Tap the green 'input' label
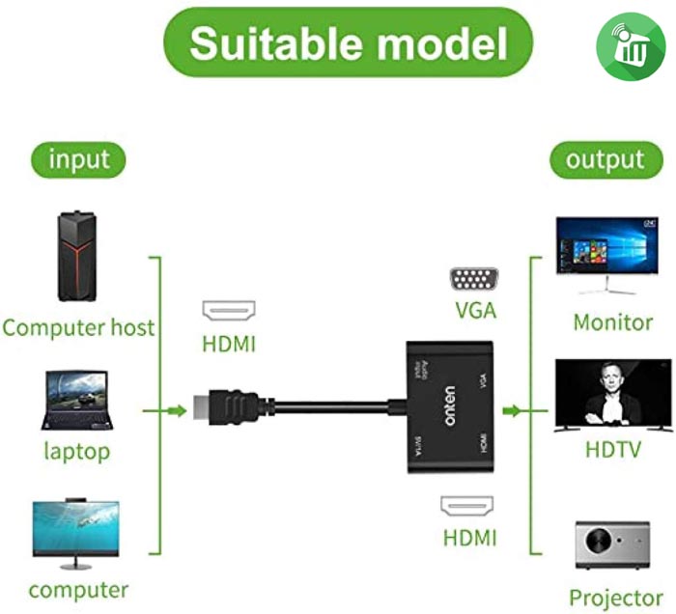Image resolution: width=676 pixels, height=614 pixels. (79, 157)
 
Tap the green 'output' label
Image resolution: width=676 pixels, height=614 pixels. (605, 159)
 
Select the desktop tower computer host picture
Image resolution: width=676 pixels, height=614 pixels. (78, 257)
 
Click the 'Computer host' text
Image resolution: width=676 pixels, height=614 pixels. (78, 327)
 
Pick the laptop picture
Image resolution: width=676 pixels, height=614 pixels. (77, 400)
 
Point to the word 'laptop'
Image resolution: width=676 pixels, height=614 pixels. (77, 451)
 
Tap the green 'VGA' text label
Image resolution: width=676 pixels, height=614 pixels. (475, 312)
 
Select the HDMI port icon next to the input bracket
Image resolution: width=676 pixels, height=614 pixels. (229, 311)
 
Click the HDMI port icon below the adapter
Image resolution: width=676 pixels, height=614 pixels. (468, 507)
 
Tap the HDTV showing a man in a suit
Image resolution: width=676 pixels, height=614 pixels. (612, 395)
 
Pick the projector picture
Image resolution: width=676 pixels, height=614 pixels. (612, 545)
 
